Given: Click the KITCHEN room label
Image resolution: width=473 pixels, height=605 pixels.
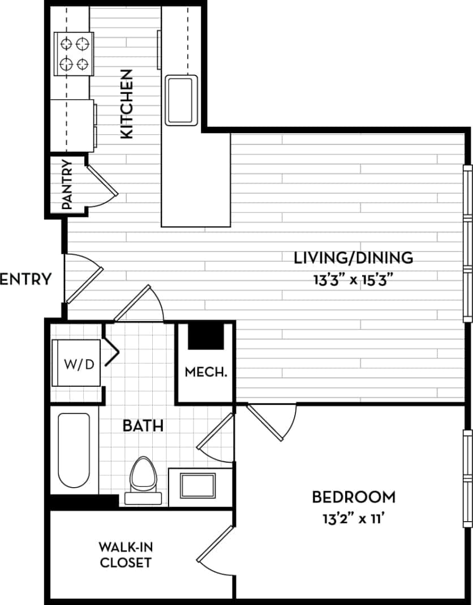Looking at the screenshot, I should (x=126, y=104).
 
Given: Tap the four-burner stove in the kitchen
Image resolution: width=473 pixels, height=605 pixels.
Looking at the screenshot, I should (x=73, y=53).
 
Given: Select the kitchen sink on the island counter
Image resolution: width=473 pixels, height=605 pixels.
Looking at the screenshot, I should (x=181, y=100).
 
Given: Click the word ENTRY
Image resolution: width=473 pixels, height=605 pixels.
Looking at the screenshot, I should (x=26, y=279).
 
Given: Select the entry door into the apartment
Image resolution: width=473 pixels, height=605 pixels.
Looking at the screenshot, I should (x=84, y=280).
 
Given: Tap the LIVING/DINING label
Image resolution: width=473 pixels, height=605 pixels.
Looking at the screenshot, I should (x=354, y=258).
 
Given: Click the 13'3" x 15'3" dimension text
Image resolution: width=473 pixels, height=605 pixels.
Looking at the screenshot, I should (x=354, y=279).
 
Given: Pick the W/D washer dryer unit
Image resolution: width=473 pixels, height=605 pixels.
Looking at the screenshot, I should (x=78, y=363).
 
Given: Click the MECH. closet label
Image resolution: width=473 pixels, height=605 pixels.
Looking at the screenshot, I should (x=206, y=372).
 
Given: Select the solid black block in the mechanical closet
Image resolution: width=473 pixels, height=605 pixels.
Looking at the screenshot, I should (x=205, y=339).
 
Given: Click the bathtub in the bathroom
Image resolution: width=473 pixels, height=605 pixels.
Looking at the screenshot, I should (x=74, y=450).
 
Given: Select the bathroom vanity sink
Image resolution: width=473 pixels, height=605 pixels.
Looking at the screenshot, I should (x=197, y=485).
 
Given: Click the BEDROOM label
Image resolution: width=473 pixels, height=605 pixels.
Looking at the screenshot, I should (x=354, y=497).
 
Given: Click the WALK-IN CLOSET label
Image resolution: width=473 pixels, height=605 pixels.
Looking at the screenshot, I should (x=125, y=555).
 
